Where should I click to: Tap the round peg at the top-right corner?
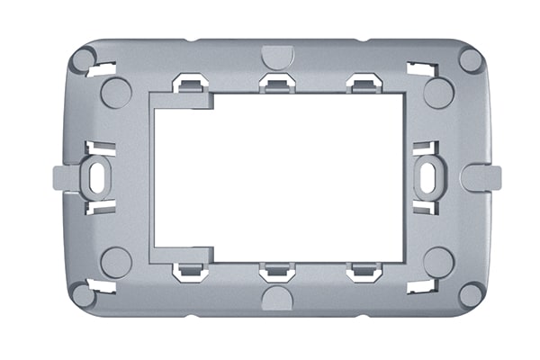pos(471,60)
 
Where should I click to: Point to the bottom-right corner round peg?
pos(471,294)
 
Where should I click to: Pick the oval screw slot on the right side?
pos(428,177)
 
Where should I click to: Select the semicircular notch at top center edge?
pos(277,56)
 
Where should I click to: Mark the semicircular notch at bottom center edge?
pos(277,299)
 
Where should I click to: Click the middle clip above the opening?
pos(277,83)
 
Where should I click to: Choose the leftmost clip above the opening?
pos(190,83)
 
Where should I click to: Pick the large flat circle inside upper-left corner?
pos(116,93)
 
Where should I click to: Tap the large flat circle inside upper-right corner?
pos(438,93)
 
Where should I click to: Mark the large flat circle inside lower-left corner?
pos(116,262)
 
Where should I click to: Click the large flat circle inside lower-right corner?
pos(438,262)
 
